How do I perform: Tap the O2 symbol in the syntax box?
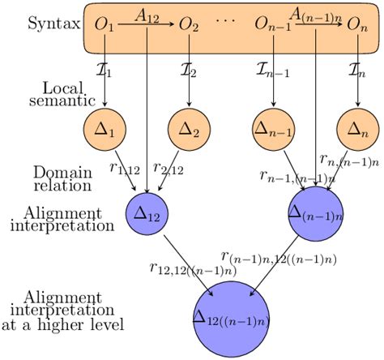point(188,27)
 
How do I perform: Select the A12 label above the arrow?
point(146,14)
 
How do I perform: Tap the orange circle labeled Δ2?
point(189,128)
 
